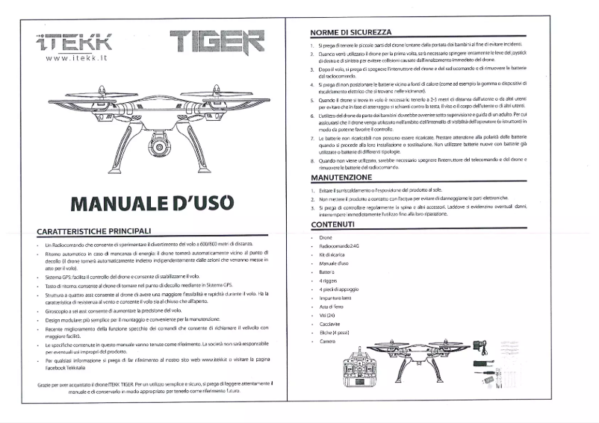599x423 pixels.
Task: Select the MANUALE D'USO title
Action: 152,202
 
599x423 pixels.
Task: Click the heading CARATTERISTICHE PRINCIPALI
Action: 95,231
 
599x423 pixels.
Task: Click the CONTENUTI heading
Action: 333,225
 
